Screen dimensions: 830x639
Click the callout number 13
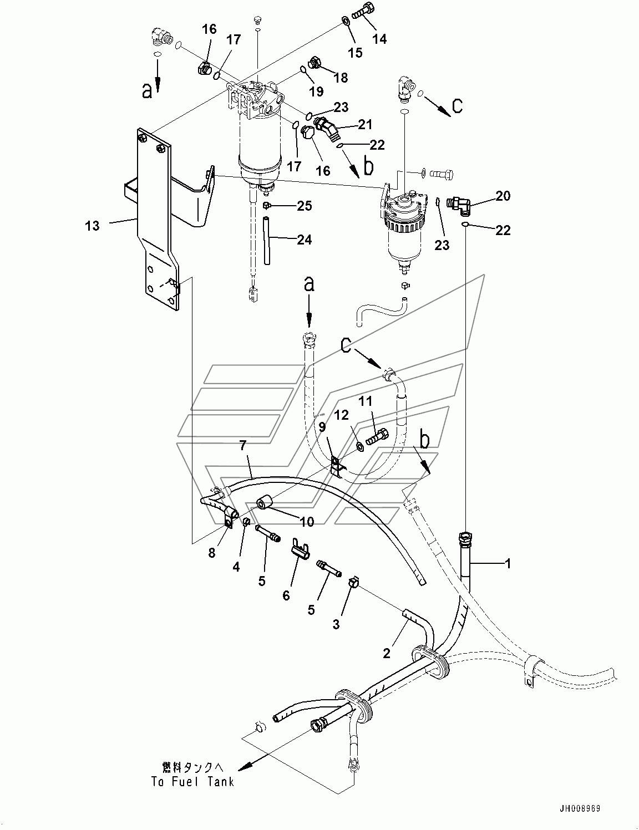click(92, 226)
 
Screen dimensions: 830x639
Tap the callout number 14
click(379, 38)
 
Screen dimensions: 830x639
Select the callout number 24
click(304, 240)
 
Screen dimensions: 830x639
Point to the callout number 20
click(503, 196)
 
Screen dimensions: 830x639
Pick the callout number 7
click(242, 445)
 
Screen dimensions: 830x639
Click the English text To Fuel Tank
click(192, 782)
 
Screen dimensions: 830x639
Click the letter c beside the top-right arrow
click(457, 105)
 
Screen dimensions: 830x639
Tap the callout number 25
click(305, 206)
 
